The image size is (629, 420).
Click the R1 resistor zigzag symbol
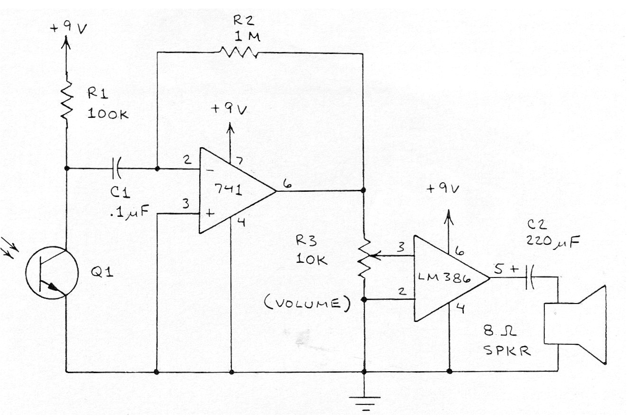(67, 100)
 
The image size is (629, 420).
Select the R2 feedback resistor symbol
(239, 52)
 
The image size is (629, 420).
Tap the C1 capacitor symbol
(116, 168)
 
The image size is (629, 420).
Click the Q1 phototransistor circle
(52, 273)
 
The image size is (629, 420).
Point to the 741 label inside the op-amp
(228, 189)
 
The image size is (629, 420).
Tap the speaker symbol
(575, 324)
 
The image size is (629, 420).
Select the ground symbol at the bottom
(364, 404)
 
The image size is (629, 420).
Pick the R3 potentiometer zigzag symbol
(364, 259)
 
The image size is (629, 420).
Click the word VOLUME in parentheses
(308, 304)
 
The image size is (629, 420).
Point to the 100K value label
(108, 114)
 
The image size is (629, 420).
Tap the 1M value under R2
(247, 37)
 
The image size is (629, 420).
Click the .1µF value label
(129, 212)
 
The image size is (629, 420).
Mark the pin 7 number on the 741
(239, 161)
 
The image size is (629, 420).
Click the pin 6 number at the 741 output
(287, 183)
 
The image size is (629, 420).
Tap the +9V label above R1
(68, 28)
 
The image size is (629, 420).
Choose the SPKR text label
(507, 350)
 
